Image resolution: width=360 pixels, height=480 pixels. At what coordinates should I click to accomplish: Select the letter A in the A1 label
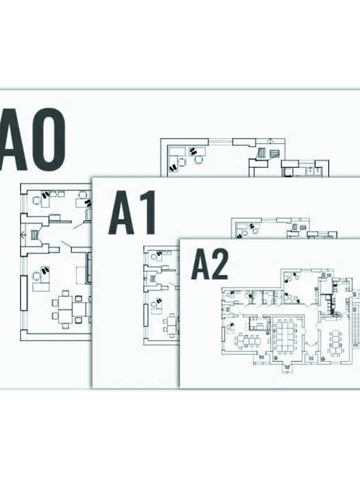122,213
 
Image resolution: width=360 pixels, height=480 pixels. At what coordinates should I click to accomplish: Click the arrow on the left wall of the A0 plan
22,235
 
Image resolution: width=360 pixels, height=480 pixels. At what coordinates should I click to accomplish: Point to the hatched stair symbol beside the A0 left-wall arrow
34,235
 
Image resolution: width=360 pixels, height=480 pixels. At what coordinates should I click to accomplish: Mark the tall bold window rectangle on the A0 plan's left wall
24,293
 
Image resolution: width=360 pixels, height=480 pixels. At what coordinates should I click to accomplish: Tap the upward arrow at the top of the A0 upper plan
270,141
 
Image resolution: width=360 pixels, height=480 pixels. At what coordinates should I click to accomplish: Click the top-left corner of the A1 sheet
93,177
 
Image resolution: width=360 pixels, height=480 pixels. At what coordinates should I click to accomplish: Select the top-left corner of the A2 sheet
179,239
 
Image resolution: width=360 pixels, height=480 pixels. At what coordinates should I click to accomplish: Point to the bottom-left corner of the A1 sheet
93,387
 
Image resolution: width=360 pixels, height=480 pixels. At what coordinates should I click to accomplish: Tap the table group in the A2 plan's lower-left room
247,340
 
